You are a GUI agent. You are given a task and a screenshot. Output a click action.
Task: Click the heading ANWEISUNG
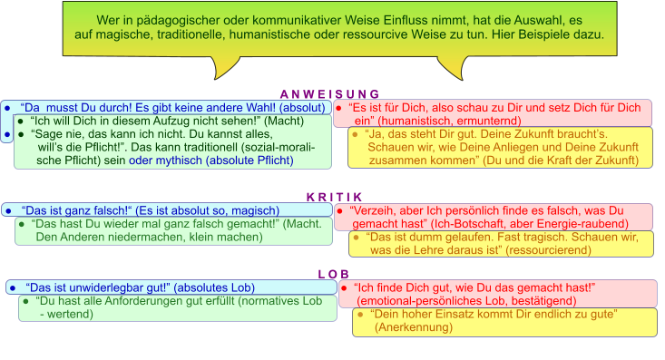[x=329, y=94]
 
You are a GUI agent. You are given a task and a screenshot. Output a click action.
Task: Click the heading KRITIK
[x=334, y=197]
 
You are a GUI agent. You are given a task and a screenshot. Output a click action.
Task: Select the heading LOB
[x=333, y=274]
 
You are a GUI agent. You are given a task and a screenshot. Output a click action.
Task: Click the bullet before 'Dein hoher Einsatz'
[x=359, y=314]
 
